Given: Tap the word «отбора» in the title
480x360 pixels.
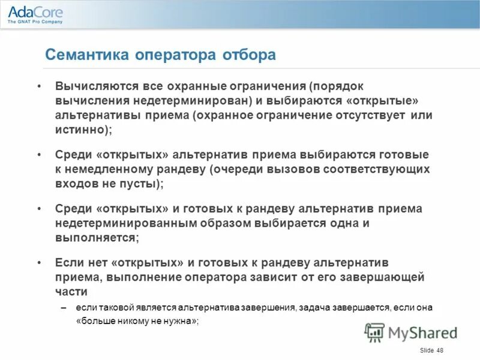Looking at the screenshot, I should (x=250, y=55).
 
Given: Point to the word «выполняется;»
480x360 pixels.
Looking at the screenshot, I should (x=97, y=238).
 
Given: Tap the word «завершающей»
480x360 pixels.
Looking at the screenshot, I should (x=385, y=277).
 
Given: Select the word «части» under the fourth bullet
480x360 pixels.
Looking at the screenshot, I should (x=71, y=292).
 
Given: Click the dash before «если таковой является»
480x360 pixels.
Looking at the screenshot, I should (x=64, y=307).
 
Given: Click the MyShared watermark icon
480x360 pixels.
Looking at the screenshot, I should (x=375, y=332).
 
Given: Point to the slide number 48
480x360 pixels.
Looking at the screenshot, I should (x=440, y=350).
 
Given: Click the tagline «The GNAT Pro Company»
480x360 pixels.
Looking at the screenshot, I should (x=35, y=22).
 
